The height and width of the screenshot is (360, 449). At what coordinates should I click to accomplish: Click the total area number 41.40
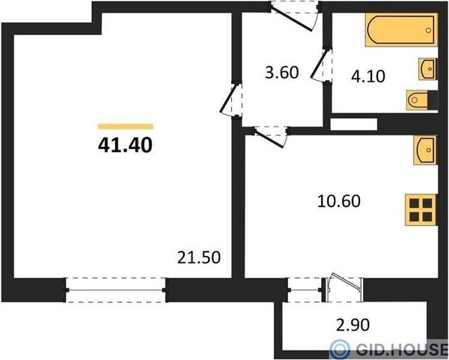125,145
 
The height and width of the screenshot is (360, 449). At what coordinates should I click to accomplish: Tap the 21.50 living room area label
199,257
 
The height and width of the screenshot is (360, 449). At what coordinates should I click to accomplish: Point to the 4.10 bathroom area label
368,76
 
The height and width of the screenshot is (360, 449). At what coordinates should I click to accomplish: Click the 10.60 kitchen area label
339,201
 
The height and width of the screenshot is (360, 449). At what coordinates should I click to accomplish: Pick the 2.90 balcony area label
352,325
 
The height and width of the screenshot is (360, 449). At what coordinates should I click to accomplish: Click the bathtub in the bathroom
401,29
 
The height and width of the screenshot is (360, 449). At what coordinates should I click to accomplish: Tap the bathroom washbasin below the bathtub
428,69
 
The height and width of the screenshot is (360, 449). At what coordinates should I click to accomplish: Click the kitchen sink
425,150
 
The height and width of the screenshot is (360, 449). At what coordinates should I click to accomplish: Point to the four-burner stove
421,210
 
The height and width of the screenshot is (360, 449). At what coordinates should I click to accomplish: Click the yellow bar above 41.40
126,126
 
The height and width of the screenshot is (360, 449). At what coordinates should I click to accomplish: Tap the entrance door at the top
295,16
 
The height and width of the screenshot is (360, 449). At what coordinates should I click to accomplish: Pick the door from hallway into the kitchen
271,137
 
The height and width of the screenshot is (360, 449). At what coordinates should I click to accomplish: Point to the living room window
116,290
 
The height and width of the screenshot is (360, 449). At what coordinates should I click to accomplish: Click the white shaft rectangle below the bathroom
353,124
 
